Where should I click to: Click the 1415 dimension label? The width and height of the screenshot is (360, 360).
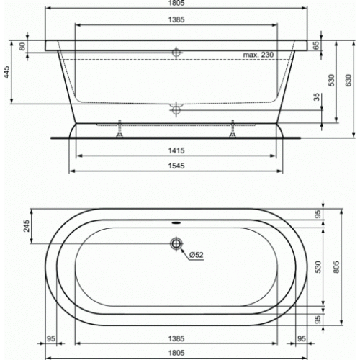pos(176,150)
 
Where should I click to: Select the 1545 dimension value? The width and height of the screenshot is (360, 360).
pos(176,166)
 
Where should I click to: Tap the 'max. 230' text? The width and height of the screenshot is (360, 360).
pos(258,55)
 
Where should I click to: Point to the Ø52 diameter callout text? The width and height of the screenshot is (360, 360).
pos(197,255)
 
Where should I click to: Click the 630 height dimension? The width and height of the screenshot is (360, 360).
pos(348,81)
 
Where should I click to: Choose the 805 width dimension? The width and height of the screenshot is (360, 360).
pos(336,267)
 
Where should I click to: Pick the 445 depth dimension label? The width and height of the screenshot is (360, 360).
pos(7,72)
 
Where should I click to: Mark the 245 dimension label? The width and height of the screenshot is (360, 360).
pos(27,226)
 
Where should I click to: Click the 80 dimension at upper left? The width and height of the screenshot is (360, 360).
pos(22,46)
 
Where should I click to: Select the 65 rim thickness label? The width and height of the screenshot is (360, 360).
pos(317,45)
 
